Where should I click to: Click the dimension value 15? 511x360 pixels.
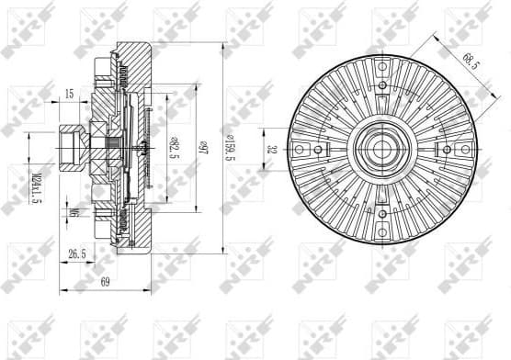pos(69,94)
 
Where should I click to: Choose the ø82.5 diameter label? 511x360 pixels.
pos(172,146)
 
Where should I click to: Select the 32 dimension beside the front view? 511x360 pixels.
pos(270,148)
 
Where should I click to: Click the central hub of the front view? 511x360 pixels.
pos(380,148)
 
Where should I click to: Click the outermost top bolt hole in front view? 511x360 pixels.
pos(380,82)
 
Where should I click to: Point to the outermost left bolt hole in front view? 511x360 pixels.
pos(316,148)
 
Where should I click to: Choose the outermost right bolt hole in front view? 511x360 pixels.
pos(447,148)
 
